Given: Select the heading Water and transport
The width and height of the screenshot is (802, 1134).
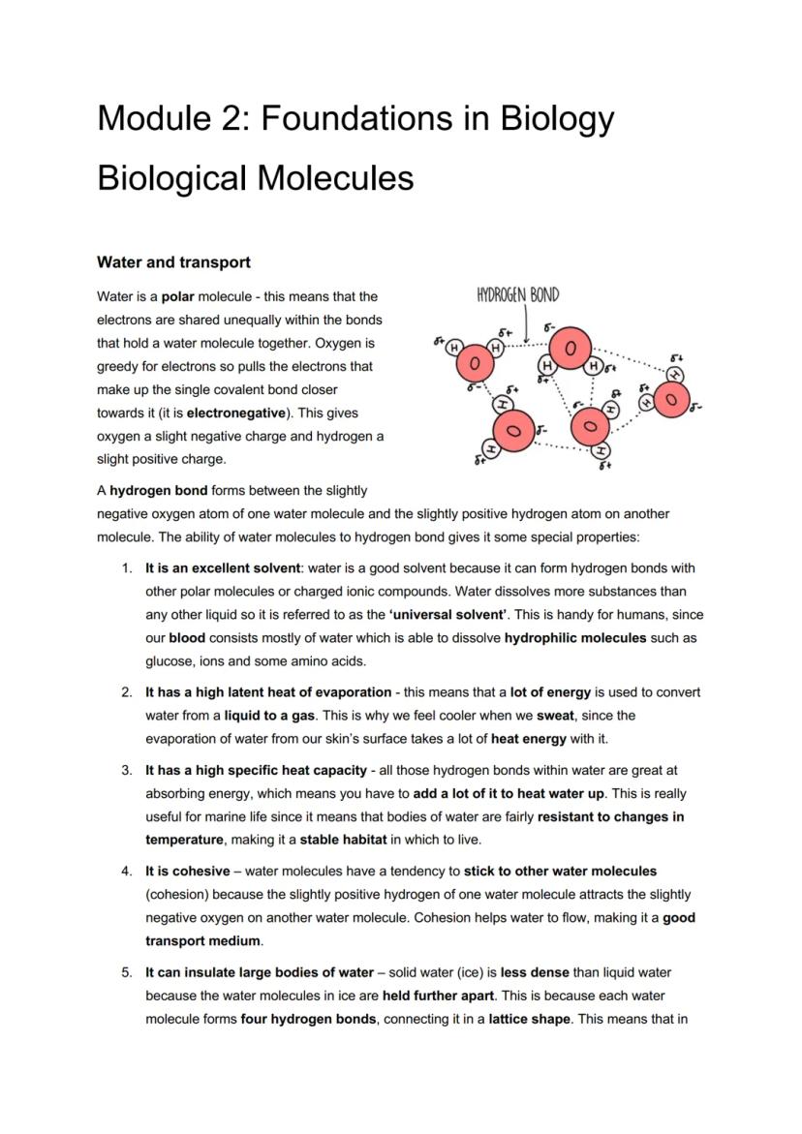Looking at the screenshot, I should pos(173,262).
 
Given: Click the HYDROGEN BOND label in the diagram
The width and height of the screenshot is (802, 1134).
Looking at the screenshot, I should pos(517,296).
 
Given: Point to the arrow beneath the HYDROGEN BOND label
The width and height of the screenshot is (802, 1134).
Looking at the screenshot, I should pos(524,324).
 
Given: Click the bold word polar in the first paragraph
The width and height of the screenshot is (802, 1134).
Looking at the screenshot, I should pos(178,296).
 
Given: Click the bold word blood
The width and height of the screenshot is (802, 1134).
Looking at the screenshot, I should pos(187,638).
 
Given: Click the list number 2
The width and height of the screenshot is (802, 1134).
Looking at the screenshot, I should pos(127,692).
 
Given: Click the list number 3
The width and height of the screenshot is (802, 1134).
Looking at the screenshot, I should pos(127,770).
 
